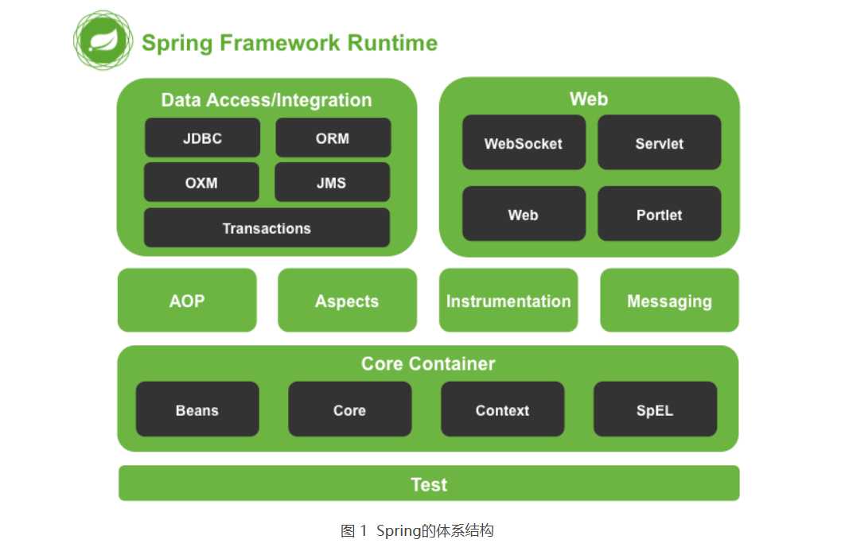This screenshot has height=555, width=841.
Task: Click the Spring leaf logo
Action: (x=103, y=39)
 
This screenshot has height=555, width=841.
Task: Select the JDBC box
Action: (x=202, y=138)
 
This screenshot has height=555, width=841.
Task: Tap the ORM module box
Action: (x=333, y=138)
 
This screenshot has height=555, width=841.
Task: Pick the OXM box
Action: (x=201, y=182)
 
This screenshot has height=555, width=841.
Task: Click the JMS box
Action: (x=332, y=182)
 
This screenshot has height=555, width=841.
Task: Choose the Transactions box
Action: (x=267, y=228)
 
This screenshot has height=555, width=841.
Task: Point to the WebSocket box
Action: (x=524, y=143)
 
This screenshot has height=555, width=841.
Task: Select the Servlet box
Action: (x=659, y=143)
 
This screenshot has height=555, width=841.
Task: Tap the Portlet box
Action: (x=659, y=214)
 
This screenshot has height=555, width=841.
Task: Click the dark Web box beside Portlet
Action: (x=524, y=214)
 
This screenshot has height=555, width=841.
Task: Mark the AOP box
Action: (x=187, y=301)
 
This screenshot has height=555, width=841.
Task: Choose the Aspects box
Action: (x=347, y=301)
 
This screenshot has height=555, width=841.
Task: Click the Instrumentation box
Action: (x=508, y=301)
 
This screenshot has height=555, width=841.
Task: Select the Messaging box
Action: (x=669, y=301)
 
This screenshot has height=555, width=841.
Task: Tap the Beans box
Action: (x=197, y=409)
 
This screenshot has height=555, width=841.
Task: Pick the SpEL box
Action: (x=655, y=409)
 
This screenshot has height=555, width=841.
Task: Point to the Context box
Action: (x=502, y=409)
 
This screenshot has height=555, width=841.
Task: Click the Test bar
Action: (x=429, y=483)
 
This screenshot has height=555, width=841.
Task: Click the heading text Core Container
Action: (x=428, y=363)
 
